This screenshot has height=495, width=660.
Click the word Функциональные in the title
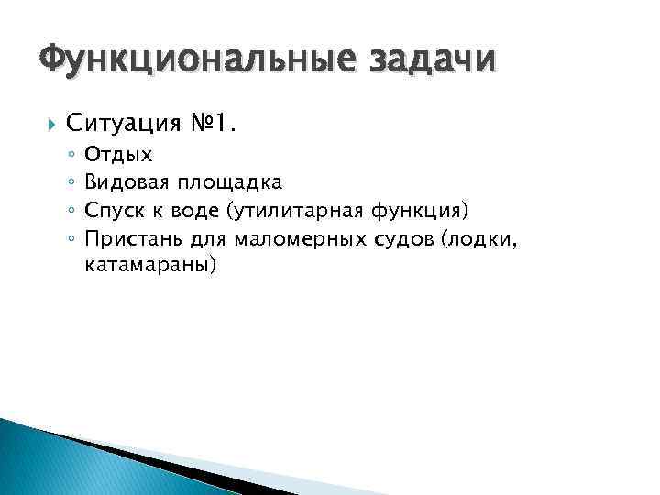tap(191, 60)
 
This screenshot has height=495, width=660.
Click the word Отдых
tap(118, 155)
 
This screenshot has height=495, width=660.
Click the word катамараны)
tap(150, 266)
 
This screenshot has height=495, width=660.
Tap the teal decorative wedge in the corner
tap(55, 463)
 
